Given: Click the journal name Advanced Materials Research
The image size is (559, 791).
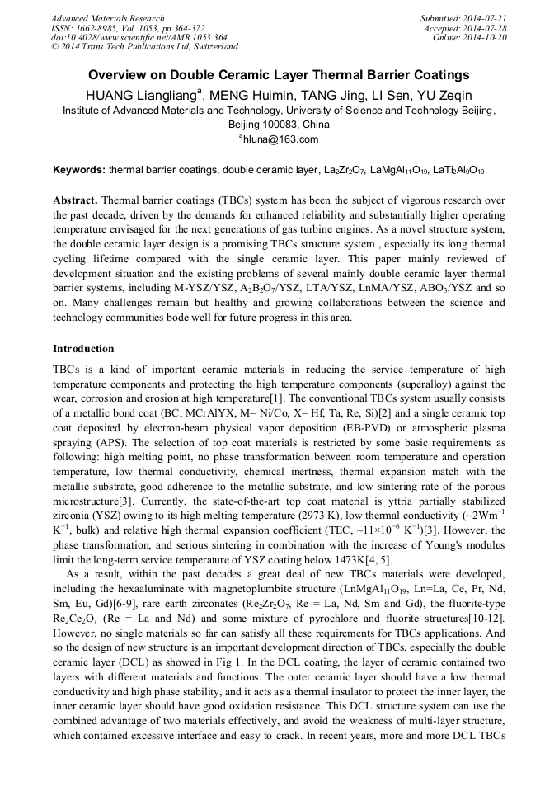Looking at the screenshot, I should click(x=107, y=18).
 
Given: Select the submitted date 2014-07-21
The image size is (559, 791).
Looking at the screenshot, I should click(x=486, y=18).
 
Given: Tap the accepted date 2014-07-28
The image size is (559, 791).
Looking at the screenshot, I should click(x=486, y=28).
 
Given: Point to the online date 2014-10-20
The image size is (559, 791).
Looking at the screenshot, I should click(x=486, y=37).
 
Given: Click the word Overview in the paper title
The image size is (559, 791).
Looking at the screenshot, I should click(x=121, y=74).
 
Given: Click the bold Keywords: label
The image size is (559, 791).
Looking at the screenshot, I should click(x=79, y=171).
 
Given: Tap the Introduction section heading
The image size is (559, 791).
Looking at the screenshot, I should click(x=83, y=349).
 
